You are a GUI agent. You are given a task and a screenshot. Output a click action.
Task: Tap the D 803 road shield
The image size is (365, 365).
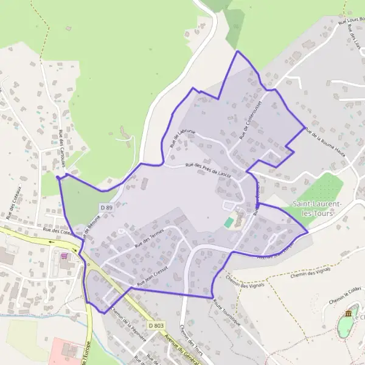(156, 326)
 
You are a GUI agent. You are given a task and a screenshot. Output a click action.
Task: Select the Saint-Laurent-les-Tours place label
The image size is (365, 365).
(317, 208)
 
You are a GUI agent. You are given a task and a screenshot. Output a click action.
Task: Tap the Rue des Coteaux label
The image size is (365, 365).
(13, 203)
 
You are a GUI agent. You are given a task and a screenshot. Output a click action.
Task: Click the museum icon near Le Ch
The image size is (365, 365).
(348, 313)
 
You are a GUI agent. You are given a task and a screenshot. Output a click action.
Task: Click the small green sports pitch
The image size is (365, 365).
(229, 223)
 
